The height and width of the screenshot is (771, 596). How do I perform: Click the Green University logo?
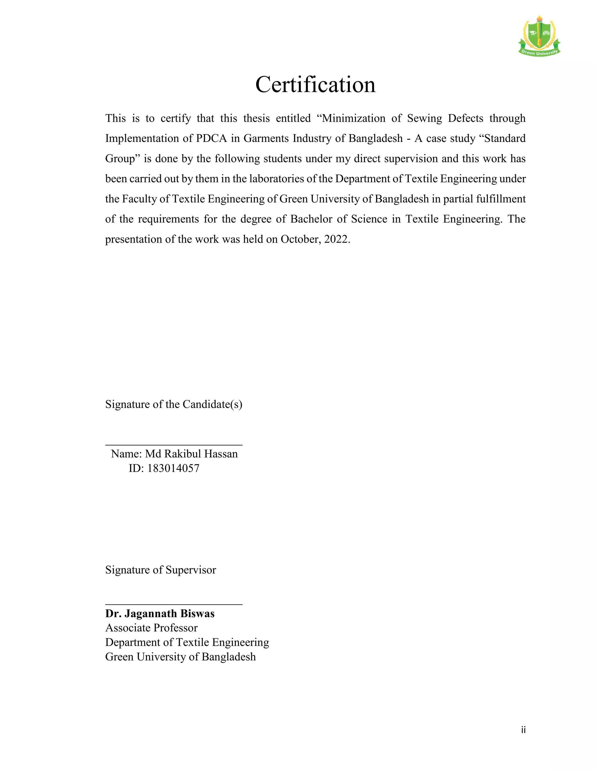pyautogui.click(x=539, y=36)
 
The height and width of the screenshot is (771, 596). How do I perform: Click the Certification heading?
pyautogui.click(x=315, y=85)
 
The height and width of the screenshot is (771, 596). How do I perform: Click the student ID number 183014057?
pyautogui.click(x=173, y=468)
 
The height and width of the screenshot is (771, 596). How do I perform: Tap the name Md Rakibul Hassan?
pyautogui.click(x=191, y=454)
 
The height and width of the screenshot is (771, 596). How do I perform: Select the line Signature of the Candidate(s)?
pyautogui.click(x=174, y=404)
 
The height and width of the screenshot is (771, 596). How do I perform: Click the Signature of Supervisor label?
pyautogui.click(x=161, y=570)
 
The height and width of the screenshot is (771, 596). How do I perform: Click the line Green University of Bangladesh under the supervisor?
pyautogui.click(x=180, y=657)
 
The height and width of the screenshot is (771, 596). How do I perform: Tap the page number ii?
pyautogui.click(x=523, y=730)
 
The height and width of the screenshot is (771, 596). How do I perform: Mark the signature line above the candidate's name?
pyautogui.click(x=174, y=445)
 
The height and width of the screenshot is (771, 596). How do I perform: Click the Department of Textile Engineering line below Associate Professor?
pyautogui.click(x=187, y=642)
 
